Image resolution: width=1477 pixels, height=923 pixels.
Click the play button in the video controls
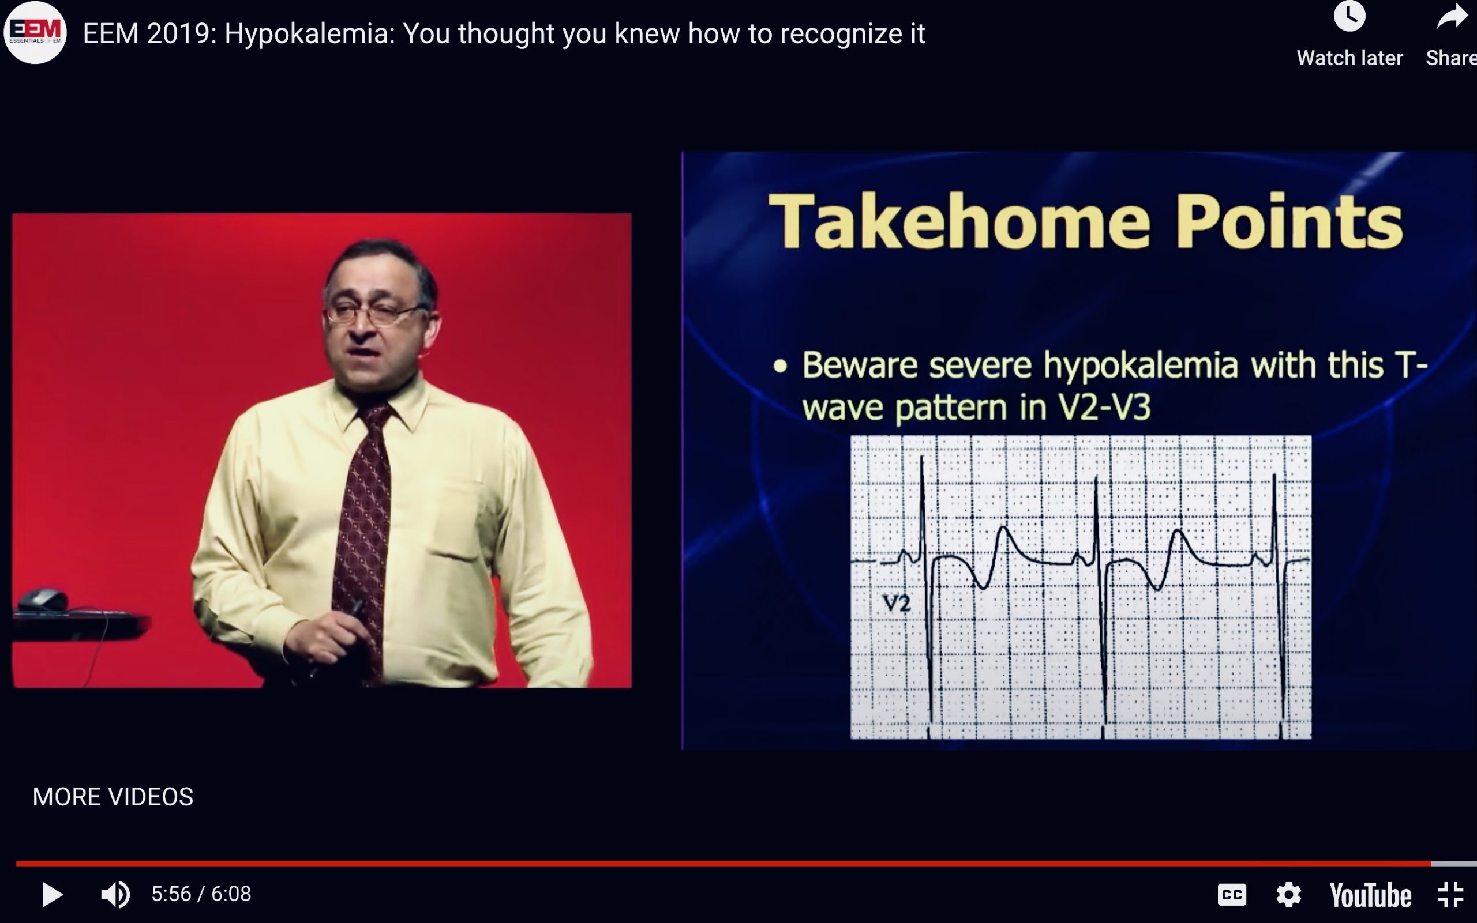pos(53,895)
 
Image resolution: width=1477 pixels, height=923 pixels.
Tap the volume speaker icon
pos(115,895)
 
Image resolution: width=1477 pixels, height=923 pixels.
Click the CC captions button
pos(1231,895)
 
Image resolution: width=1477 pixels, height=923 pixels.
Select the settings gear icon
pos(1288,895)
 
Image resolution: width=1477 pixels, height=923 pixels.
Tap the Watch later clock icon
pos(1349,17)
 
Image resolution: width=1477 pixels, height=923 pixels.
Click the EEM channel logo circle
pos(35,32)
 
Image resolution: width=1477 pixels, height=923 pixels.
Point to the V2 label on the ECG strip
pos(897,604)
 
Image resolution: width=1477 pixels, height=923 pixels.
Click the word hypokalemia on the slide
pos(1141,366)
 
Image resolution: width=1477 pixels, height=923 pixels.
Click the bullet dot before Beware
pos(779,366)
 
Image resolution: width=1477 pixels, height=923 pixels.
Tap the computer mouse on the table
pos(43,600)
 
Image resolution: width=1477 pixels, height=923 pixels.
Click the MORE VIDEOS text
pos(113,797)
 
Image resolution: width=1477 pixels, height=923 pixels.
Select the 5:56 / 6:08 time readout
pos(201,894)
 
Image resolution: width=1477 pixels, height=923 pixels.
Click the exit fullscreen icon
pos(1450,895)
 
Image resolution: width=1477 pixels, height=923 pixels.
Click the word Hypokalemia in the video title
pos(310,33)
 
